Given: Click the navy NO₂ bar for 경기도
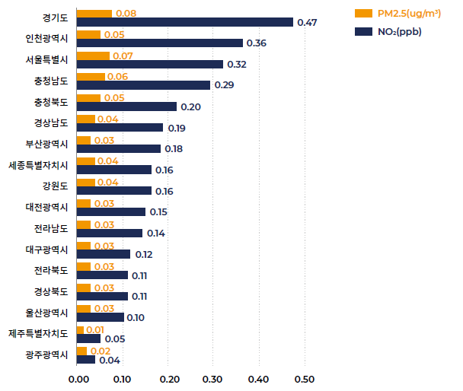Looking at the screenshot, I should [185, 22].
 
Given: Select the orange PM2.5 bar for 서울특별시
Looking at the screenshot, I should [93, 56].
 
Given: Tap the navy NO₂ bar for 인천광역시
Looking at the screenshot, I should [160, 43].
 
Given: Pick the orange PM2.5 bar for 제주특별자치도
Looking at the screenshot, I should [81, 329].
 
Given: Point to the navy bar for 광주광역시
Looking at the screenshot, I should [86, 360].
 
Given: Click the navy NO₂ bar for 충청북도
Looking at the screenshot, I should [126, 106].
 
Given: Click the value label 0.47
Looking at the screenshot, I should [307, 23].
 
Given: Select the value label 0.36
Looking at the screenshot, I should [257, 43].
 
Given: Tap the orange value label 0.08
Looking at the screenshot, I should [126, 14].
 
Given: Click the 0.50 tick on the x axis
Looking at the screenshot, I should [305, 379].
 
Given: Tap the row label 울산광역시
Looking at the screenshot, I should [47, 312].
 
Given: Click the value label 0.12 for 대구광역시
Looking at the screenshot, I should [144, 254].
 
